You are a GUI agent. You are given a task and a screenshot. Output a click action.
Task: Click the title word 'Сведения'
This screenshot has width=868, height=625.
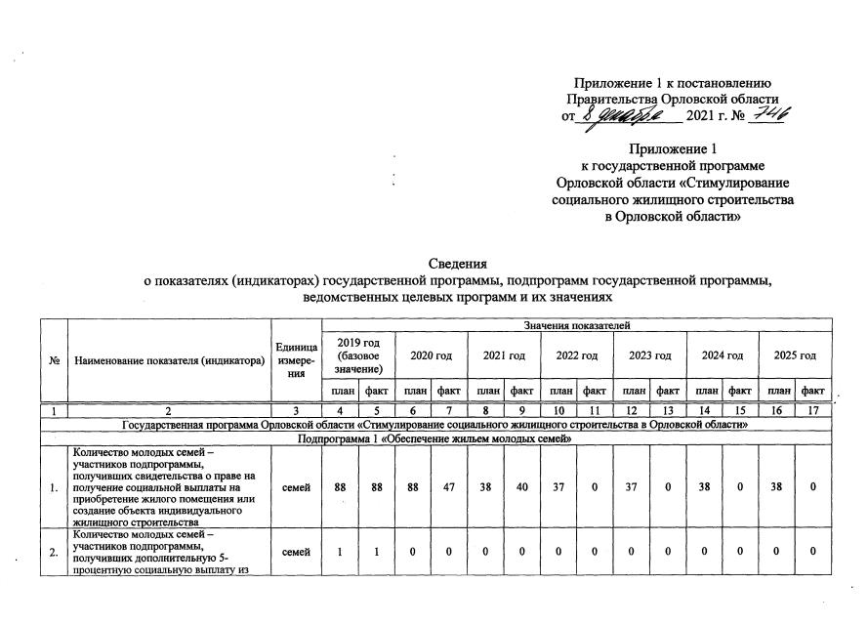pos(458,265)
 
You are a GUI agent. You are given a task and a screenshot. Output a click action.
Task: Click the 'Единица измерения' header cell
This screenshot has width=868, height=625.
pos(297,361)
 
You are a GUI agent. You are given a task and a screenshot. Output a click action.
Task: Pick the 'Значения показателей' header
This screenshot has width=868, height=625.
pos(576,324)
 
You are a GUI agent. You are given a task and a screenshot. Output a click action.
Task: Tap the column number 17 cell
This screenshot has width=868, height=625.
pos(811,411)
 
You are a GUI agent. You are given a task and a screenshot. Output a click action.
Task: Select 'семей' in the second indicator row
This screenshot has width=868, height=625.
pos(297,553)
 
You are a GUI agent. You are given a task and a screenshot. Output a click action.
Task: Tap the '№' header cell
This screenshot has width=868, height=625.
pos(54,361)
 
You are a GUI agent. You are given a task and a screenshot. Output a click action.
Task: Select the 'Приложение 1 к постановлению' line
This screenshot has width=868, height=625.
pos(673,82)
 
